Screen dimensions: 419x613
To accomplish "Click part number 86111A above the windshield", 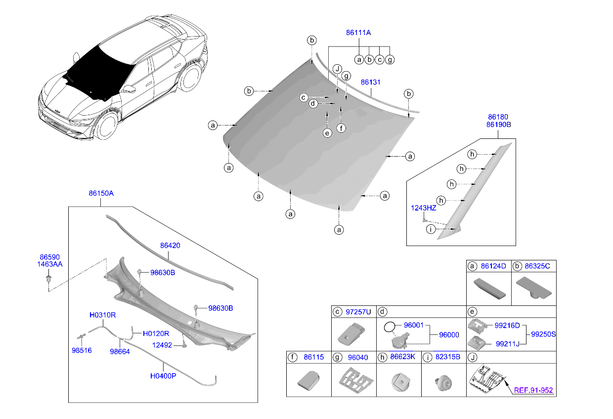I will click(358, 33).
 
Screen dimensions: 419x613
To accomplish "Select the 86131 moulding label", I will click(370, 83).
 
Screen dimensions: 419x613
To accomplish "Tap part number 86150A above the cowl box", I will click(101, 194).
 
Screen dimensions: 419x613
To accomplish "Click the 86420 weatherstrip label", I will click(170, 245).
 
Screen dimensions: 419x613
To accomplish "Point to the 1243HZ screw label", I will click(423, 209).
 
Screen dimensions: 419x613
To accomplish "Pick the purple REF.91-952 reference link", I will click(533, 390).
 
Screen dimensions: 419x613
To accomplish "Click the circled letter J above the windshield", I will click(337, 68).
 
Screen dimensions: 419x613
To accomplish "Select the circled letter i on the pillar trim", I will click(431, 229).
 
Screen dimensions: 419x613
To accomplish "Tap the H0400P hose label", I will click(163, 376).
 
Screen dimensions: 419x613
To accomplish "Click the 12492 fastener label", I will click(162, 345).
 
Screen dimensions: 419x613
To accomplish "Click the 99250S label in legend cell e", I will click(543, 335).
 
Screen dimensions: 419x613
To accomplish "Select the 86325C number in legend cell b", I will click(538, 266).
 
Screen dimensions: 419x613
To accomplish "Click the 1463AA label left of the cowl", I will click(49, 265).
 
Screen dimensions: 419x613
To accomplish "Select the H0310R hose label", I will click(102, 315).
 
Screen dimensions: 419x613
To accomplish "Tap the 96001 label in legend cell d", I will click(414, 326).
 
